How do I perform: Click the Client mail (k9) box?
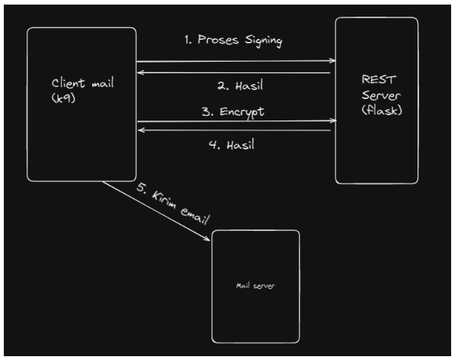82,137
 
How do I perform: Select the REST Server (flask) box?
376,145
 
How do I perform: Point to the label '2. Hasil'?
233,84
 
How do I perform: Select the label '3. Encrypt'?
238,111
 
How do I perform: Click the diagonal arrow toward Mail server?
156,211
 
